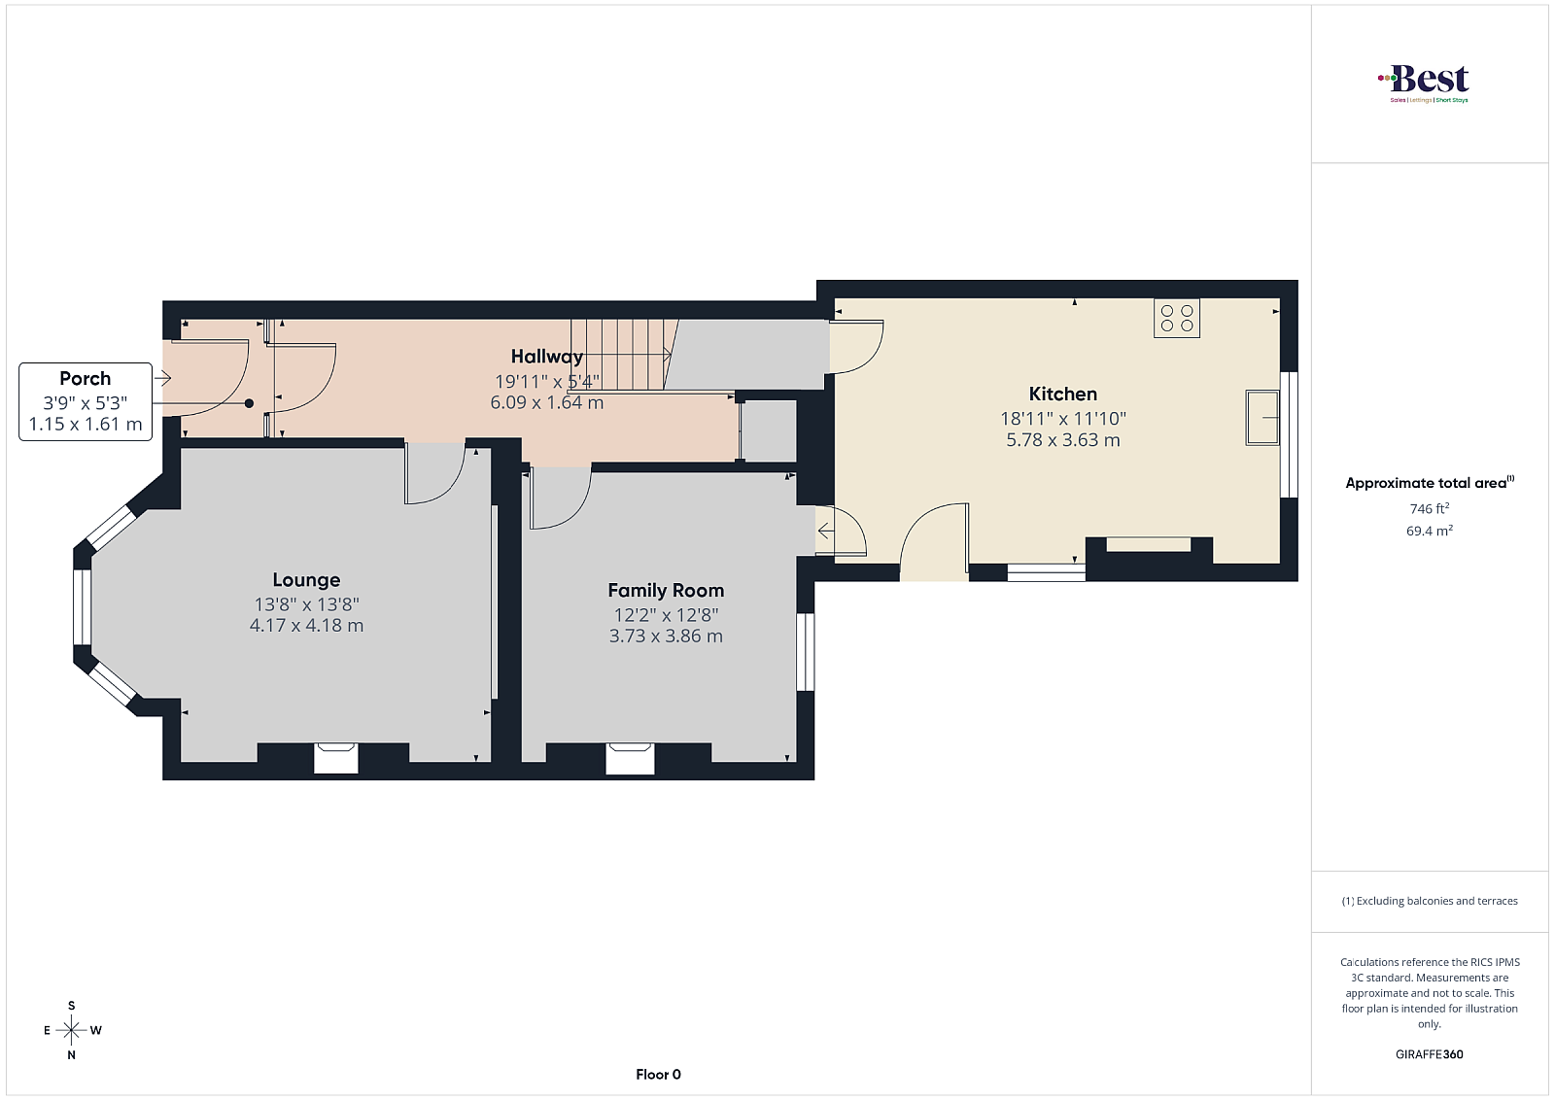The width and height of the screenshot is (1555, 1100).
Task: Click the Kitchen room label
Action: (x=1063, y=395)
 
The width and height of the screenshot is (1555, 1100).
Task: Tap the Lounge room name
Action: (x=306, y=580)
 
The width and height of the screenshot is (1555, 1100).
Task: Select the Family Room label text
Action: (x=666, y=591)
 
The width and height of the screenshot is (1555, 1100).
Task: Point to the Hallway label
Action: (x=547, y=357)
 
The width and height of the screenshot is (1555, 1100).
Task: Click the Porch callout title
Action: (x=86, y=378)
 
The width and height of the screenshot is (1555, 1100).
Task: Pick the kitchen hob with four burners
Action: (x=1177, y=319)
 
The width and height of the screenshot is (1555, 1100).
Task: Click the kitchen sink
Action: (x=1262, y=417)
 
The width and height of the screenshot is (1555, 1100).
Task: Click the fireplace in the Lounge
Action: (x=336, y=758)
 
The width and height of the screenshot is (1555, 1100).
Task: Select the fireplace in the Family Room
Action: (x=630, y=758)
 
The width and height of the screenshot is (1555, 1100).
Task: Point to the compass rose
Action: (x=72, y=1030)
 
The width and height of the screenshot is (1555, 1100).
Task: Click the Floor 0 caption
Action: (x=658, y=1075)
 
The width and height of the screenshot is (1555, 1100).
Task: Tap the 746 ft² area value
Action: (x=1430, y=509)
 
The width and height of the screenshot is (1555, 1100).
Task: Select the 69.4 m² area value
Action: (x=1430, y=531)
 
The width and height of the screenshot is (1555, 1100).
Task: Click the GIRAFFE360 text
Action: (x=1430, y=1054)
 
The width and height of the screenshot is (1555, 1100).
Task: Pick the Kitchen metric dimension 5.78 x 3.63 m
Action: (x=1063, y=440)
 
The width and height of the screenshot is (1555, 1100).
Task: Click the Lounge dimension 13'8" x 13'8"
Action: (x=306, y=604)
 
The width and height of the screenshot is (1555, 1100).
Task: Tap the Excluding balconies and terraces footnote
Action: (x=1430, y=901)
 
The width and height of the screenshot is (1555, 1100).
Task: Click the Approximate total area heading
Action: (x=1430, y=483)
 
